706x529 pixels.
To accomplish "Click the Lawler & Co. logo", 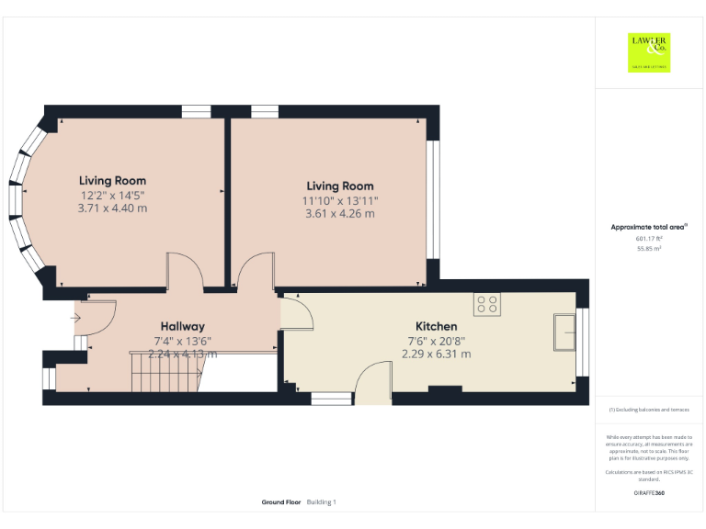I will tap(648, 52).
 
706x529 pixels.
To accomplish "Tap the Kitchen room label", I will tap(436, 326).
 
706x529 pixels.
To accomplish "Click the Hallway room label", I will tap(182, 326).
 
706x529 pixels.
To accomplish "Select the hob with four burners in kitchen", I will tap(486, 304).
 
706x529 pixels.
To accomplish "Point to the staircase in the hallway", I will tap(166, 372).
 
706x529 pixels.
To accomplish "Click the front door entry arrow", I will tap(75, 319).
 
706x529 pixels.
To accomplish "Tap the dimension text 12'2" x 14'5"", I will tap(112, 195).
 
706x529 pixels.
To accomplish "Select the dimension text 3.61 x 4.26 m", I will tap(339, 214).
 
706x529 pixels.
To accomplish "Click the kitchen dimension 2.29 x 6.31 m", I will tap(436, 354).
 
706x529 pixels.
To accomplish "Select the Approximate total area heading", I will tap(648, 227).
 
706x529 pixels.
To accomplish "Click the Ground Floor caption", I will tap(281, 502).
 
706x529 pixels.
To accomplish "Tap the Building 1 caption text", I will tap(322, 502).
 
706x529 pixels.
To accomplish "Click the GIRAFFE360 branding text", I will tap(648, 493).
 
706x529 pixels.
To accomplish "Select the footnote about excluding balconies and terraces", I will tap(648, 410).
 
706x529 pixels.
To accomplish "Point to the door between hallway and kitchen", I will tap(298, 312).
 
